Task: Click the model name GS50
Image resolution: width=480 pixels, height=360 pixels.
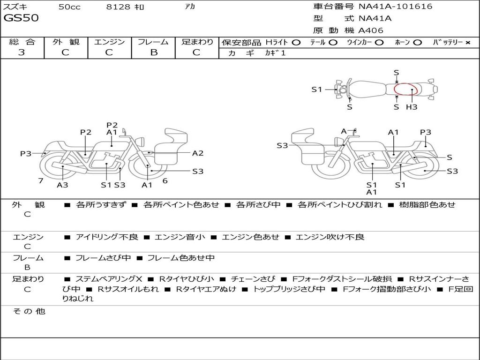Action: [21, 18]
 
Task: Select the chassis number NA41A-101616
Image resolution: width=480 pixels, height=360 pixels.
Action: [395, 7]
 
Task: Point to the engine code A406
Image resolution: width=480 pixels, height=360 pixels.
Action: [371, 30]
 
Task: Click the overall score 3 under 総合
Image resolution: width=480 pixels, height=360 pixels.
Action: [22, 52]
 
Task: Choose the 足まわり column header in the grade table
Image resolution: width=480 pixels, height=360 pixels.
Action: [197, 42]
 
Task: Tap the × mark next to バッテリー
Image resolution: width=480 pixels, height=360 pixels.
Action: [467, 42]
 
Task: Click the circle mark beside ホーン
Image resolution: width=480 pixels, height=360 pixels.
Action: [417, 43]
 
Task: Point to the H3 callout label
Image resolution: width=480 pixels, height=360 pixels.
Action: [412, 107]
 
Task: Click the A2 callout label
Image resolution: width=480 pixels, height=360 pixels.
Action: [198, 153]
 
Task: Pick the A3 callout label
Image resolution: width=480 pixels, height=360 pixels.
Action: [62, 185]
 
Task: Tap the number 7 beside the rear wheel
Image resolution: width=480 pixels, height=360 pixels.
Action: [41, 180]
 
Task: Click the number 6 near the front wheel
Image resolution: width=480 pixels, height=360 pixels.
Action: [165, 180]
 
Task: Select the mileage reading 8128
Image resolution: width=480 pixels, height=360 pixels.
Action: [118, 7]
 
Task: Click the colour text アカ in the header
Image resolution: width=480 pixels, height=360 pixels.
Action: [190, 7]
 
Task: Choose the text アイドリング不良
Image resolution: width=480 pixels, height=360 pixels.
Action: [107, 237]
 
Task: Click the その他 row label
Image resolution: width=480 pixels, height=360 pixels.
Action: [29, 311]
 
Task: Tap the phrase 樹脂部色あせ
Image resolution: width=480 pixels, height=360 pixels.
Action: [427, 205]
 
